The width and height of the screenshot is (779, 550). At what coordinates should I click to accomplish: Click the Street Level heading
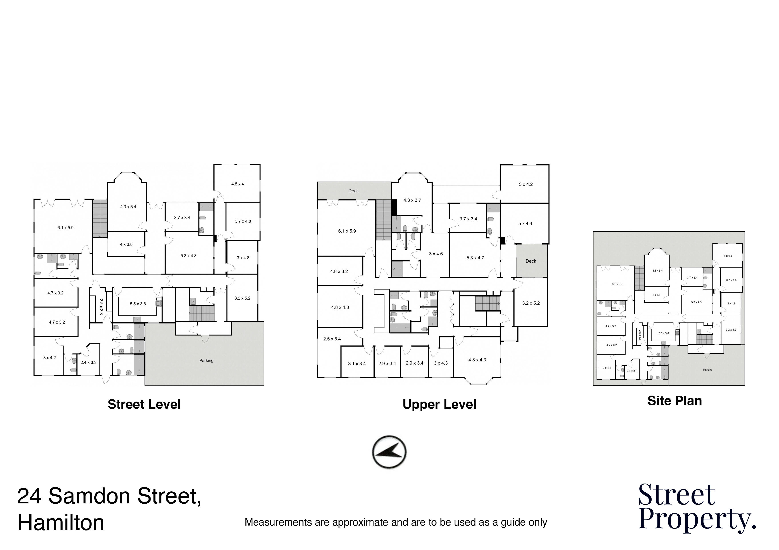(144, 404)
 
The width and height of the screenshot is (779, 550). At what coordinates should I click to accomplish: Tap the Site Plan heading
(674, 401)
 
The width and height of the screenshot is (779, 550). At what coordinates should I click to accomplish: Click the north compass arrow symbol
(389, 452)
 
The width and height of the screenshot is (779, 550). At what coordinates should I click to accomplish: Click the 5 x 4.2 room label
(526, 184)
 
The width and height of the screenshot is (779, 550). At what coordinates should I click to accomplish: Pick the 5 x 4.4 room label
(525, 224)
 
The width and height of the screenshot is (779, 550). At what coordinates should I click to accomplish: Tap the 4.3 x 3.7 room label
(412, 200)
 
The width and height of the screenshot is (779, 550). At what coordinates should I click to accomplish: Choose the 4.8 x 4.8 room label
(340, 307)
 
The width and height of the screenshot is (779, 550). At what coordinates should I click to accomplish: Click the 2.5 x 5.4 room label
(332, 339)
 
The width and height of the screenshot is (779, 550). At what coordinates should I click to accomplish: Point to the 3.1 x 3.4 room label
(357, 364)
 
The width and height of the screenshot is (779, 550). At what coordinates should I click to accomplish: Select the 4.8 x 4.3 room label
(477, 360)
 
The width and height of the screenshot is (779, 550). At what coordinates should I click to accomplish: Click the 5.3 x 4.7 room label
(475, 258)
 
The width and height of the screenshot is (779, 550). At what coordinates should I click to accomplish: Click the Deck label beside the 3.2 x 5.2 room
(531, 261)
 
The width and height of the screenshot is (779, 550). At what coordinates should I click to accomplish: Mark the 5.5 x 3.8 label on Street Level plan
(138, 304)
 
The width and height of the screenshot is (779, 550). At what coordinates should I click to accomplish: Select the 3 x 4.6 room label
(436, 254)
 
